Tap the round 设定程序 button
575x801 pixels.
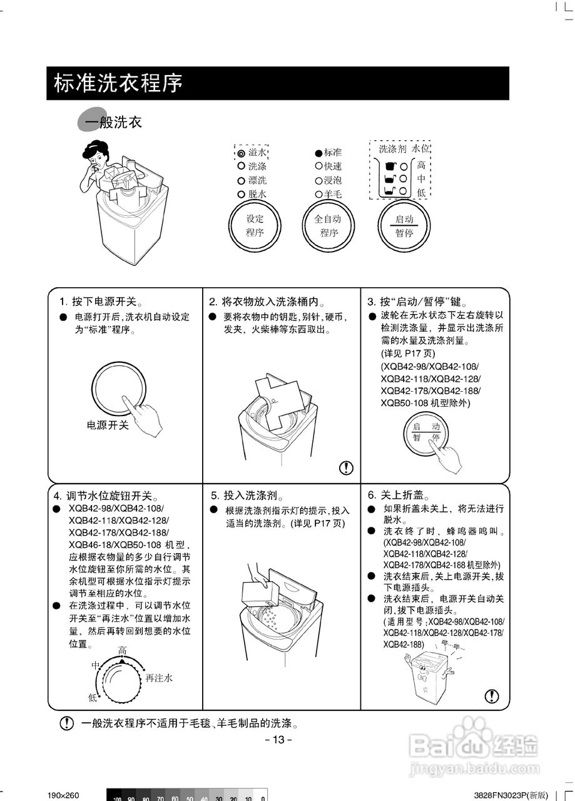pyautogui.click(x=255, y=226)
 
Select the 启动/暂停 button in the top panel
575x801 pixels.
pyautogui.click(x=404, y=226)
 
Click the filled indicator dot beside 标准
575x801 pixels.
pyautogui.click(x=318, y=153)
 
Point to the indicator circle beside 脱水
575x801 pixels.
pyautogui.click(x=241, y=194)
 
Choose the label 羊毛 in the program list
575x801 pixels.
pyautogui.click(x=333, y=194)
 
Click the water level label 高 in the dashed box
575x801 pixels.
pyautogui.click(x=421, y=166)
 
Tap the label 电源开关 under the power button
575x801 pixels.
pyautogui.click(x=107, y=425)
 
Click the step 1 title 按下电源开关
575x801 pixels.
pyautogui.click(x=104, y=301)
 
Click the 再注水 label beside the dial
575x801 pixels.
pyautogui.click(x=159, y=678)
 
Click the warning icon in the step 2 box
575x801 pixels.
pyautogui.click(x=346, y=467)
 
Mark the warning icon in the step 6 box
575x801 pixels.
pyautogui.click(x=492, y=696)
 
